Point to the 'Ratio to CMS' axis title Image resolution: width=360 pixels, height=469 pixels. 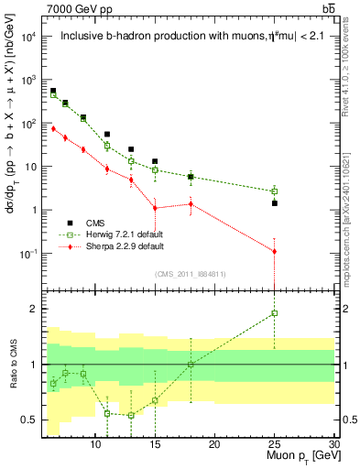point(12,365)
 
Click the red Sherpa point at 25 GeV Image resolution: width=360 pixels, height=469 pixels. point(274,251)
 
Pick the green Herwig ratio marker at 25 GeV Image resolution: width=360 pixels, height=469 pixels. point(274,313)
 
